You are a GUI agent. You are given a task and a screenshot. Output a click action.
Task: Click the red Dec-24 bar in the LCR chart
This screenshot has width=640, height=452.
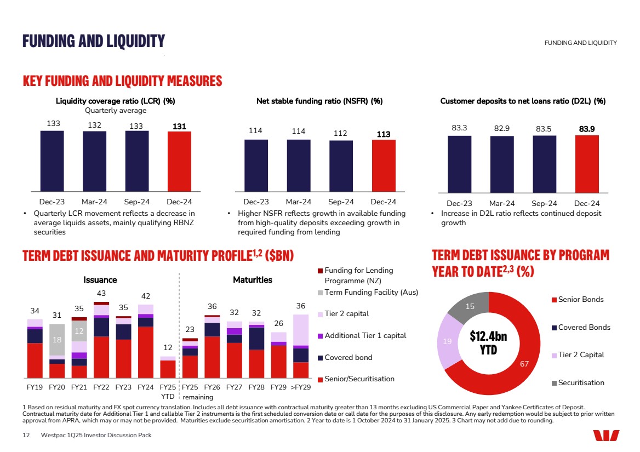tap(179, 161)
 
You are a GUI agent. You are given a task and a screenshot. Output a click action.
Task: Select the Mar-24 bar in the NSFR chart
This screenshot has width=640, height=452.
tap(299, 165)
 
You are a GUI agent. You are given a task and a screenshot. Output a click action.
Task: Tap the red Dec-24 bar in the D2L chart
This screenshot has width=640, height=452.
tap(587, 164)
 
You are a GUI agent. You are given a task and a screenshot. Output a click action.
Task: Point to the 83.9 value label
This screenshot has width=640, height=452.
tap(587, 129)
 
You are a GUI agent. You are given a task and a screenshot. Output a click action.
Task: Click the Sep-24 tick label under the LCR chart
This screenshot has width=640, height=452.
tap(138, 202)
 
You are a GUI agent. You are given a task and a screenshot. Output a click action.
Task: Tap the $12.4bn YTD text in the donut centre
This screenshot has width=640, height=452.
tap(488, 343)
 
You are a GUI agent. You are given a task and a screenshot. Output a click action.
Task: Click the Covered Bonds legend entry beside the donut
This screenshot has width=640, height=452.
tap(580, 327)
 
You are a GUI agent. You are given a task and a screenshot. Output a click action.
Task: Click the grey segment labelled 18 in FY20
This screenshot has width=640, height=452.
tap(57, 340)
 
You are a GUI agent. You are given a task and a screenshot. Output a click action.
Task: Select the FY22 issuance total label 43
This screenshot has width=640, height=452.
tap(101, 294)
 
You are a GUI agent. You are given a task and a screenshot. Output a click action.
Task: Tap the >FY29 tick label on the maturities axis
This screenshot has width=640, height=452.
tap(300, 387)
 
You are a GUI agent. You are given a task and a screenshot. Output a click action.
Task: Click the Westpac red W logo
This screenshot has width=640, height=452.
tap(606, 435)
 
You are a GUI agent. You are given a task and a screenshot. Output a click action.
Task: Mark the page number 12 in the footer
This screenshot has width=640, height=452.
tap(26, 435)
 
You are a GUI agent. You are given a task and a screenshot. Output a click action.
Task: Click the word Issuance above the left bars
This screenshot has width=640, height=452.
tap(100, 280)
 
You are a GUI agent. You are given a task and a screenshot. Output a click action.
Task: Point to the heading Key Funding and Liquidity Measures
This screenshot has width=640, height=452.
tap(122, 81)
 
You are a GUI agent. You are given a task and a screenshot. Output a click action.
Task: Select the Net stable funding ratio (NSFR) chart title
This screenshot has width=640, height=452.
tap(319, 101)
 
